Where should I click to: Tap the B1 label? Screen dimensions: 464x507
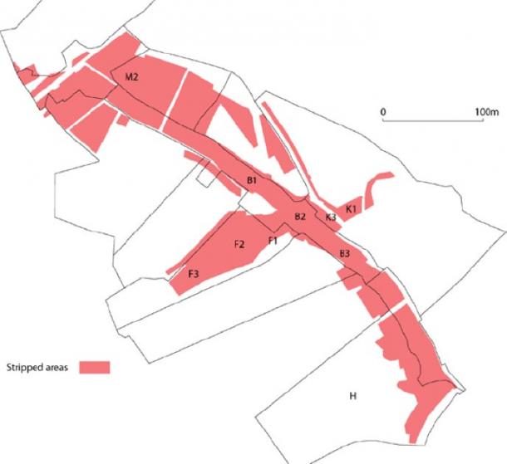[x=253, y=180]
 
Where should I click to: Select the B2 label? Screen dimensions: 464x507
[x=301, y=217]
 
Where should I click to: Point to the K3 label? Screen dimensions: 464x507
[x=330, y=217]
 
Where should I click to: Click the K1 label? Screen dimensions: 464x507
[x=351, y=208]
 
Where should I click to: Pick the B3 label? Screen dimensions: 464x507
[x=344, y=253]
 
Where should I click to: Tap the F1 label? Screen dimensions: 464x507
[x=272, y=241]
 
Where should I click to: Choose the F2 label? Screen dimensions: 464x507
[x=239, y=244]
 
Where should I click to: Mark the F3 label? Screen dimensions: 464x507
[x=193, y=274]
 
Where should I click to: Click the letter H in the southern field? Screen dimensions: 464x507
[x=352, y=396]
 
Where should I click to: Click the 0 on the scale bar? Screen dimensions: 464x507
[x=382, y=110]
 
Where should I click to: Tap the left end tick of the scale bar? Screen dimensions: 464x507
[x=382, y=120]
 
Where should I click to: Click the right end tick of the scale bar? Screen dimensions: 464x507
[x=486, y=120]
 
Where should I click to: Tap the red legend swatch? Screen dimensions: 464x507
[x=95, y=366]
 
